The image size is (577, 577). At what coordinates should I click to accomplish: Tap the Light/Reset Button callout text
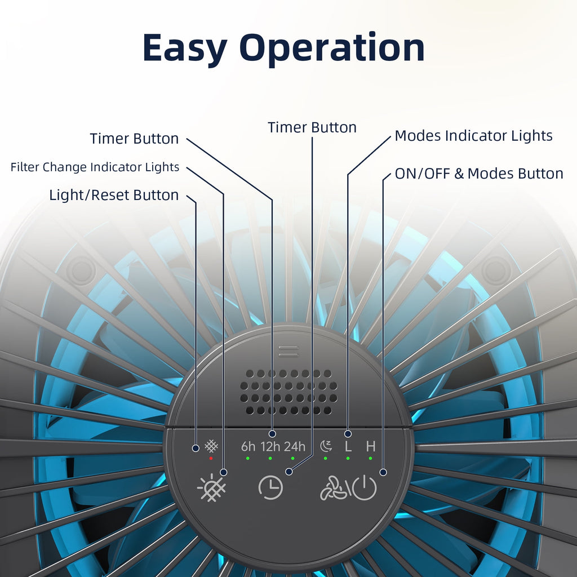[x=114, y=196]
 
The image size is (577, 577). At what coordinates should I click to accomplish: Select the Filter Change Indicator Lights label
[x=95, y=167]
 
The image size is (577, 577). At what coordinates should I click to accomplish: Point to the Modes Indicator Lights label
[x=473, y=136]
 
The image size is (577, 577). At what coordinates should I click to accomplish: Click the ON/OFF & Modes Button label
[x=479, y=174]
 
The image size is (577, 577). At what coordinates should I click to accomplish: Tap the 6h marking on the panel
[x=248, y=447]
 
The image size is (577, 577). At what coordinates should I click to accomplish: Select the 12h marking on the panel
[x=270, y=447]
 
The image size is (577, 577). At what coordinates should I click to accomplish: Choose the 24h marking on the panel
[x=294, y=447]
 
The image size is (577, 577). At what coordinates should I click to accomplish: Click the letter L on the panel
[x=348, y=447]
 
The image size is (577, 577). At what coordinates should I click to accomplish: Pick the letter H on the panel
[x=371, y=447]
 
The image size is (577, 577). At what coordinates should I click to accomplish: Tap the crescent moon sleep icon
[x=326, y=446]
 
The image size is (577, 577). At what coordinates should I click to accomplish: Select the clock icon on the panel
[x=270, y=487]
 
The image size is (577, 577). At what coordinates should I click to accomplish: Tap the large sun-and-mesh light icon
[x=211, y=488]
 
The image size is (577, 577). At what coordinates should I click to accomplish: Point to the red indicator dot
[x=211, y=458]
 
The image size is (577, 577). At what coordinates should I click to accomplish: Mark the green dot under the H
[x=370, y=458]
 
